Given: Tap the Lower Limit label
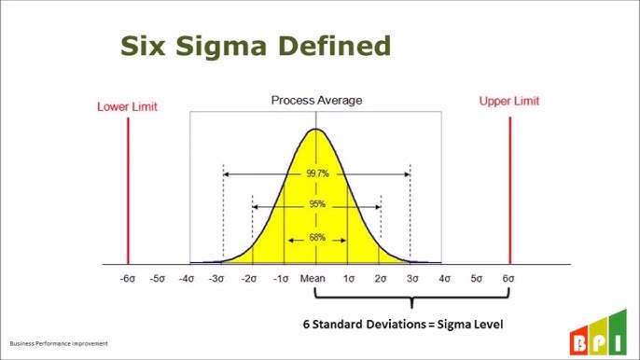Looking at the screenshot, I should (x=126, y=105).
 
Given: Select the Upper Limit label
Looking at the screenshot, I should (x=508, y=100).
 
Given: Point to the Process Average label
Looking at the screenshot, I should (x=316, y=100).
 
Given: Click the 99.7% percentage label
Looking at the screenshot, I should (x=316, y=173).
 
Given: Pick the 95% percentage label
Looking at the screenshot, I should (x=316, y=205).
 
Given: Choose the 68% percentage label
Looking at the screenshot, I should (x=316, y=238).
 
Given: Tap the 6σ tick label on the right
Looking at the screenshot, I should (x=508, y=279).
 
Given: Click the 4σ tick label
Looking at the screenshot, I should (x=444, y=279).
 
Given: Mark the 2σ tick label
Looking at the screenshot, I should (x=381, y=279).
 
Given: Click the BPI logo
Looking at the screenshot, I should (x=602, y=339).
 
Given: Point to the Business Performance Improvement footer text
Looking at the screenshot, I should (x=59, y=343).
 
